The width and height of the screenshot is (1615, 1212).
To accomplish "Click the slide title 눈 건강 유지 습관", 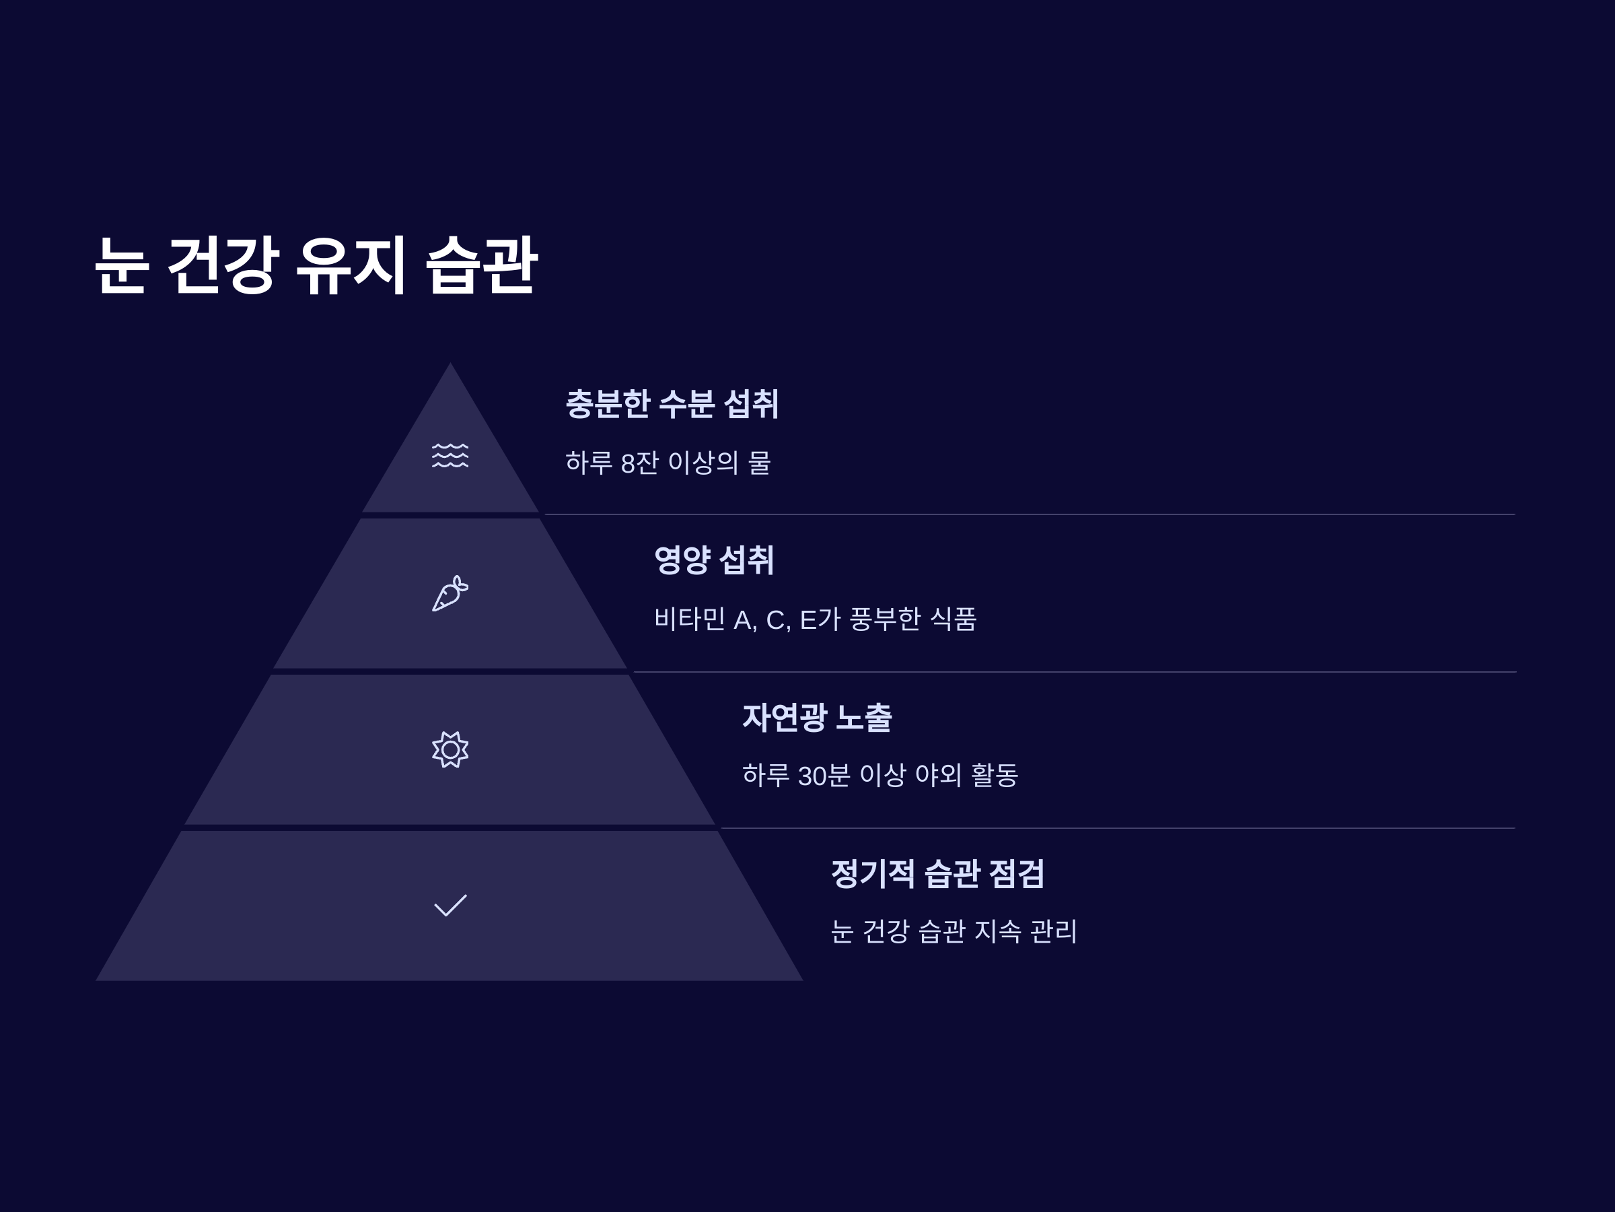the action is coord(316,265).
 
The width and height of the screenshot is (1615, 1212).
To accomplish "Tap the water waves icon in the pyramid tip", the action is coord(450,455).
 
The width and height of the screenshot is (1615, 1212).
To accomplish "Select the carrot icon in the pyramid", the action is coord(450,593).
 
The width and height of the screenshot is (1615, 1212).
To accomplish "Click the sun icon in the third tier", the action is coord(450,749).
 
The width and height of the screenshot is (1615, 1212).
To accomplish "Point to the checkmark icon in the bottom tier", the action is coord(450,905).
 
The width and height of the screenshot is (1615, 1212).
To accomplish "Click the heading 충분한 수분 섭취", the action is coord(672,404).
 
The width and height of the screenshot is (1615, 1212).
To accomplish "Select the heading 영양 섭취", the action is coord(713,560).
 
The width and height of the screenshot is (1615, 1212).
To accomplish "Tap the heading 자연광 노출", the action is coord(816,716).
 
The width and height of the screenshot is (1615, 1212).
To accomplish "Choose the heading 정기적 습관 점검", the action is coord(937,873).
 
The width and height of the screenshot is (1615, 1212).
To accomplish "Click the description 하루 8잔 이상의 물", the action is coord(668,463).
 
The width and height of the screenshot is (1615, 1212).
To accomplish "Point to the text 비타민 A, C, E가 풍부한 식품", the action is coord(815,619).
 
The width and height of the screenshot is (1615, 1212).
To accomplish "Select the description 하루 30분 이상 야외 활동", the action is coord(880,775).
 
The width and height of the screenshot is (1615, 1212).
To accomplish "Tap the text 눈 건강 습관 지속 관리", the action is coord(954,931).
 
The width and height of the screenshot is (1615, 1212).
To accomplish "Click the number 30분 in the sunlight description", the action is coord(824,776).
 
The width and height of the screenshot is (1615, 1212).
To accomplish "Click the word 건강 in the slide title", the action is coord(223,265).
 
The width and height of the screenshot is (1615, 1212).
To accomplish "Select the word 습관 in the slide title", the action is coord(481,265).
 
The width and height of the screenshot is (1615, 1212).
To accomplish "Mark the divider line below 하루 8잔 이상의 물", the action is coord(1030,514).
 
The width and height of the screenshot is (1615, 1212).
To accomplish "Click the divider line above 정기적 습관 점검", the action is coord(1117,828).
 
